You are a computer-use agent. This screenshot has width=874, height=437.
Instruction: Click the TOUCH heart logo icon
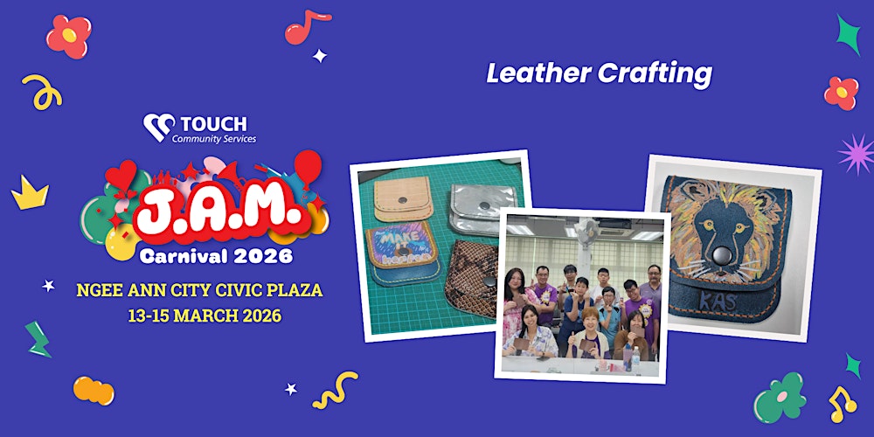coord(159,128)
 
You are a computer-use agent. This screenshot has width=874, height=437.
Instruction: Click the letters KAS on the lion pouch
coord(720,302)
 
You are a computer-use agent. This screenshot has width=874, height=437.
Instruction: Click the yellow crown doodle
coord(30,193)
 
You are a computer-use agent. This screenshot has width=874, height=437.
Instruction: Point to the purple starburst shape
coord(855,154)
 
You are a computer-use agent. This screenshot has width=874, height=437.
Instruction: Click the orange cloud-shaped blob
coord(94,391)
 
